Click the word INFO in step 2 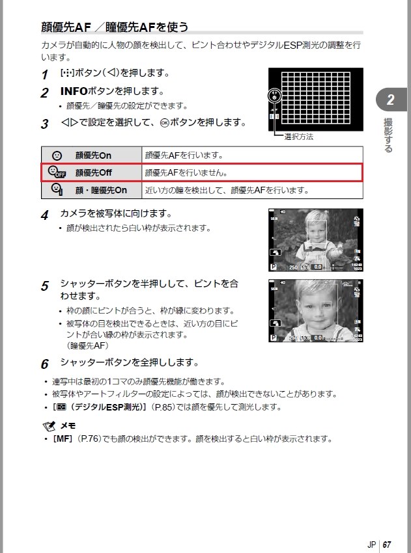pyautogui.click(x=73, y=92)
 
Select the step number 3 pyautogui.click(x=44, y=124)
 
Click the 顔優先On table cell pyautogui.click(x=93, y=155)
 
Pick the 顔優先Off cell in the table pyautogui.click(x=94, y=173)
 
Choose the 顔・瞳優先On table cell pyautogui.click(x=101, y=191)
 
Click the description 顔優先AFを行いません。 pyautogui.click(x=186, y=173)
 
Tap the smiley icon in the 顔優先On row pyautogui.click(x=57, y=155)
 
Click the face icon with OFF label pyautogui.click(x=57, y=173)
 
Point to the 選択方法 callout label pyautogui.click(x=299, y=137)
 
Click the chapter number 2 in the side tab pyautogui.click(x=390, y=100)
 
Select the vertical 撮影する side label pyautogui.click(x=389, y=135)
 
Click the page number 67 pyautogui.click(x=387, y=526)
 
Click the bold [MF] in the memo pyautogui.click(x=63, y=439)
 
